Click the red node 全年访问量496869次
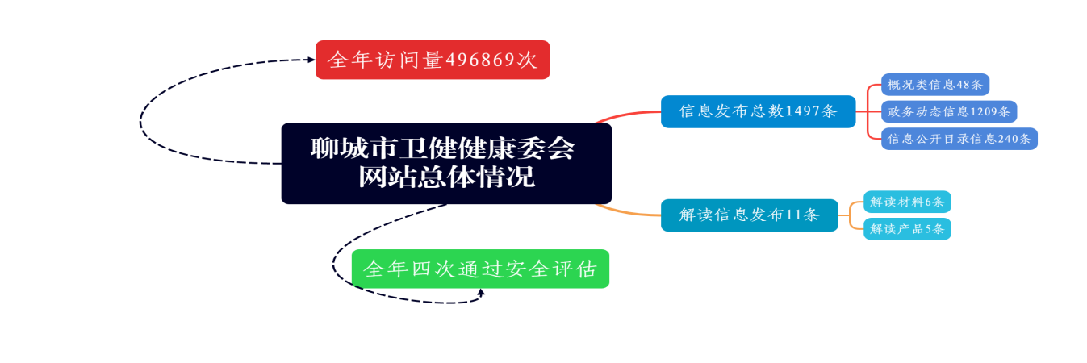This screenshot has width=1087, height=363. (x=433, y=60)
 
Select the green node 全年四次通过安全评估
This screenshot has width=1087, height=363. (x=480, y=269)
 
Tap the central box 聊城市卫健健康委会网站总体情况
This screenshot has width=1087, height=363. (x=446, y=163)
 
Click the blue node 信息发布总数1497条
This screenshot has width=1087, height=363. (x=758, y=111)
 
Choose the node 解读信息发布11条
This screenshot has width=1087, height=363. (x=749, y=215)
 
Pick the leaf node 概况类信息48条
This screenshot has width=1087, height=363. (x=934, y=85)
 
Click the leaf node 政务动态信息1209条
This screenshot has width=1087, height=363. (x=948, y=111)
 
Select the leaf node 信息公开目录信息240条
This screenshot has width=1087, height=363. (x=959, y=139)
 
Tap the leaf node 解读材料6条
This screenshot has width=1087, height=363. (x=907, y=202)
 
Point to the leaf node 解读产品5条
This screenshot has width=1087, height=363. (x=907, y=229)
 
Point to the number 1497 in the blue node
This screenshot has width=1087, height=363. (x=802, y=111)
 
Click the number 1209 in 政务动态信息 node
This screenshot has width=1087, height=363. (x=984, y=111)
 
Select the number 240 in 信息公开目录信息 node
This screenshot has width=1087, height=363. (x=1009, y=139)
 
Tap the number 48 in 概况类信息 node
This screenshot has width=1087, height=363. (x=963, y=85)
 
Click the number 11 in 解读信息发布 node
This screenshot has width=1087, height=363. (x=794, y=215)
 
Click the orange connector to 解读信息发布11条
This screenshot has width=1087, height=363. (x=629, y=213)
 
